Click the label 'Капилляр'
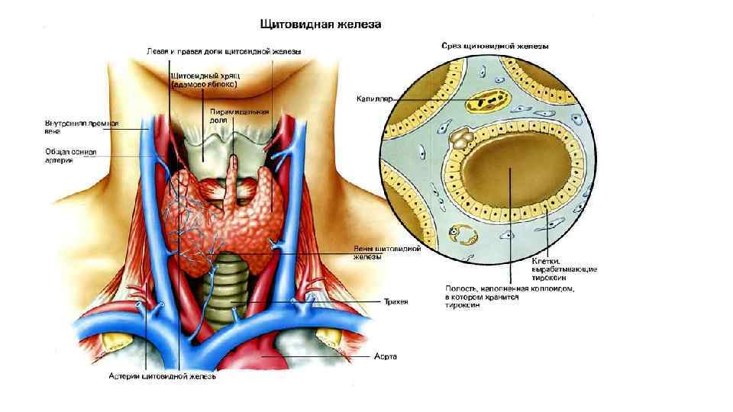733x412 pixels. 372,98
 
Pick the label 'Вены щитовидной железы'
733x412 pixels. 377,253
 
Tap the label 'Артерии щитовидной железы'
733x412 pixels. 162,376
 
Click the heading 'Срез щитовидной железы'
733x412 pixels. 495,46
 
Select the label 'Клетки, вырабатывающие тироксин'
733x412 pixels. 564,270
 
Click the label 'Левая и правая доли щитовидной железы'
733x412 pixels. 224,51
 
